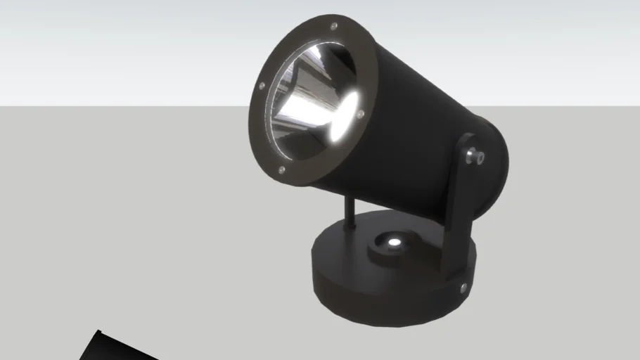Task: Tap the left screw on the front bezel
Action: pos(262,86)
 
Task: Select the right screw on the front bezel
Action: pos(360,112)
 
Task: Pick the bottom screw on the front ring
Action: pos(281,169)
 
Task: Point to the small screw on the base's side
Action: pos(463,287)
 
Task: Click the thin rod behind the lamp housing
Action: pos(349,210)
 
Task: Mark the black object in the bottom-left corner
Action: pos(113,348)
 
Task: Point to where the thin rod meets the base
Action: pos(348,226)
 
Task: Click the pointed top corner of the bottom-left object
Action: pos(98,330)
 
